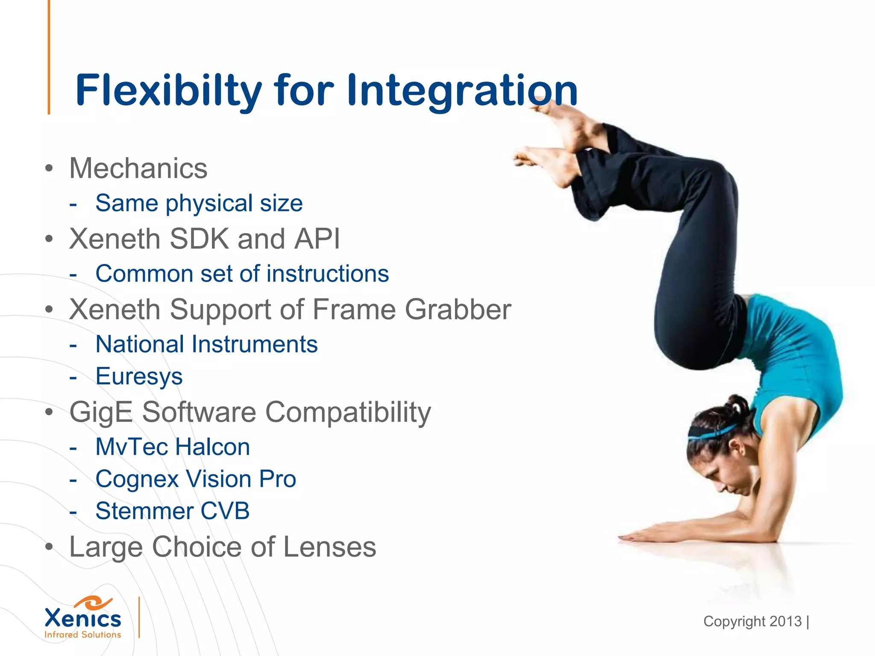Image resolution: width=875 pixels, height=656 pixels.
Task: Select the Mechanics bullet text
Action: pos(138,168)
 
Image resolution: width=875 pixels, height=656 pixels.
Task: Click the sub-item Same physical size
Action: pos(199,203)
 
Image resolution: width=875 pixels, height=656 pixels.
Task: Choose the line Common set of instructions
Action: pos(242,273)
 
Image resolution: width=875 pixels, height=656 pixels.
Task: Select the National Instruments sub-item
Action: pos(206,344)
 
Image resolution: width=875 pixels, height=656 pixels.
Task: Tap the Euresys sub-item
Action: pos(139,376)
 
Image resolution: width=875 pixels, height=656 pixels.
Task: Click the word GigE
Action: pos(101,412)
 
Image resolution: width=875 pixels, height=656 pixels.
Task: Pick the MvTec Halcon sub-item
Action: pos(173,447)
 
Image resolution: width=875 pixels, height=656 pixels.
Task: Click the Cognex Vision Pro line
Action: pos(196,479)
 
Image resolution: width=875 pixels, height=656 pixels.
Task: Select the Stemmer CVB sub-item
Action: pos(172,511)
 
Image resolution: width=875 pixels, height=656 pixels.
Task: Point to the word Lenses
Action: pos(329,547)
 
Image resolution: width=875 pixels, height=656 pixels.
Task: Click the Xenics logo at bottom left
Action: pos(83,618)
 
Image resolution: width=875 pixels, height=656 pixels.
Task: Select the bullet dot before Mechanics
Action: pos(49,168)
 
